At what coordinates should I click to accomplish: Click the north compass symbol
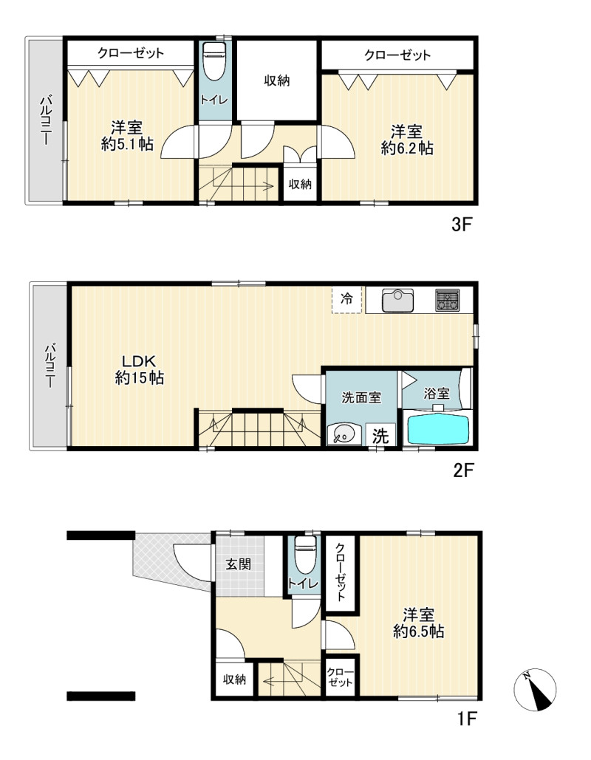[x=535, y=690]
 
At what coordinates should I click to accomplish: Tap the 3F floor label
[x=462, y=225]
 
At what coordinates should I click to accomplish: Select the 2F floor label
[x=463, y=470]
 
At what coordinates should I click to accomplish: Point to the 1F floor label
[x=468, y=719]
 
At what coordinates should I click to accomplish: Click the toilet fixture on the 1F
[x=304, y=554]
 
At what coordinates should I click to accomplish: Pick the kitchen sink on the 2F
[x=397, y=301]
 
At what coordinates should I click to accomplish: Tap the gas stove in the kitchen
[x=447, y=300]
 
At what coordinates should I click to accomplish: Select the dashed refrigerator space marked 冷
[x=346, y=300]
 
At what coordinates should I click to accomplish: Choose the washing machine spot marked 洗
[x=380, y=436]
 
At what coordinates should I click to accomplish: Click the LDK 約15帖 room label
[x=140, y=369]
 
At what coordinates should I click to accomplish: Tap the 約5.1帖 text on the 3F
[x=127, y=144]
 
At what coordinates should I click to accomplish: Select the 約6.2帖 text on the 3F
[x=407, y=148]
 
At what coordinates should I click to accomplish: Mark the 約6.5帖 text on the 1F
[x=418, y=631]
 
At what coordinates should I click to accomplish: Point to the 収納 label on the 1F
[x=235, y=679]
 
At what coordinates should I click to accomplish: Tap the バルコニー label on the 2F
[x=49, y=365]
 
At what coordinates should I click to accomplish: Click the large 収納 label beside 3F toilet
[x=277, y=81]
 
